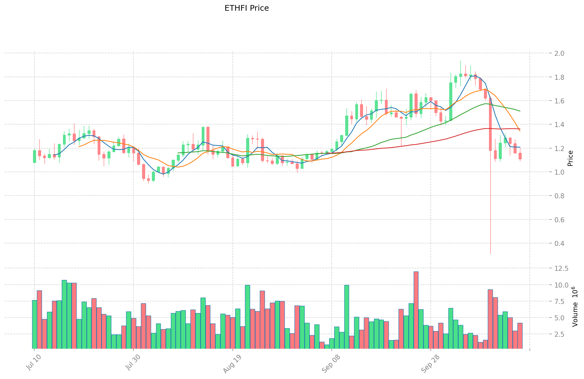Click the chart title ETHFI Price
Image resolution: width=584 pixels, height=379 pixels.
click(x=247, y=9)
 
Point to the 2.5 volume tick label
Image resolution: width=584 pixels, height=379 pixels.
click(x=559, y=334)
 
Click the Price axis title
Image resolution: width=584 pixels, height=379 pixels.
click(x=570, y=158)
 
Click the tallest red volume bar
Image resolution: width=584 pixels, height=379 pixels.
click(x=416, y=310)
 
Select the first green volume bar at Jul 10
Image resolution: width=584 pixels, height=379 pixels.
click(x=34, y=324)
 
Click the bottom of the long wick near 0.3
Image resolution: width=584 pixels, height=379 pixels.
click(x=490, y=253)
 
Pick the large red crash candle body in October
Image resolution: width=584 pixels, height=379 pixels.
click(x=490, y=124)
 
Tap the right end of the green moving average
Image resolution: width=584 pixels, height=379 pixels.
click(x=520, y=111)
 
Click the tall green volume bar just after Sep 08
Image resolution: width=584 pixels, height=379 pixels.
click(x=347, y=317)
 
